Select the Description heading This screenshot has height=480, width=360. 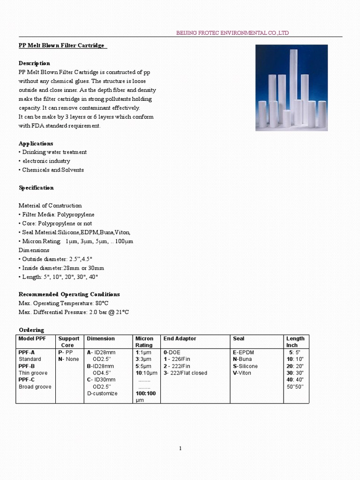click(x=34, y=63)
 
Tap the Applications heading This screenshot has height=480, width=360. click(x=36, y=143)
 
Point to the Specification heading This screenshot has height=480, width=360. click(x=36, y=188)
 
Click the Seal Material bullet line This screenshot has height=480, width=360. click(x=75, y=232)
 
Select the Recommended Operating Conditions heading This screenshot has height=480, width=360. click(x=69, y=294)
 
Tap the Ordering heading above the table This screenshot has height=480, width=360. click(x=31, y=330)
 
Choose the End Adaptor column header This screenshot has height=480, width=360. click(x=180, y=338)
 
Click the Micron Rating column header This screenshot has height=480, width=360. click(x=144, y=342)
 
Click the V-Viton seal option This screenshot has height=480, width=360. click(x=242, y=373)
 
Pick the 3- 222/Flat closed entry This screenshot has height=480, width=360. click(x=185, y=373)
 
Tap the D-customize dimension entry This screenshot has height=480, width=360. click(x=102, y=394)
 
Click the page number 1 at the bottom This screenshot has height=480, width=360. click(x=180, y=449)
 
